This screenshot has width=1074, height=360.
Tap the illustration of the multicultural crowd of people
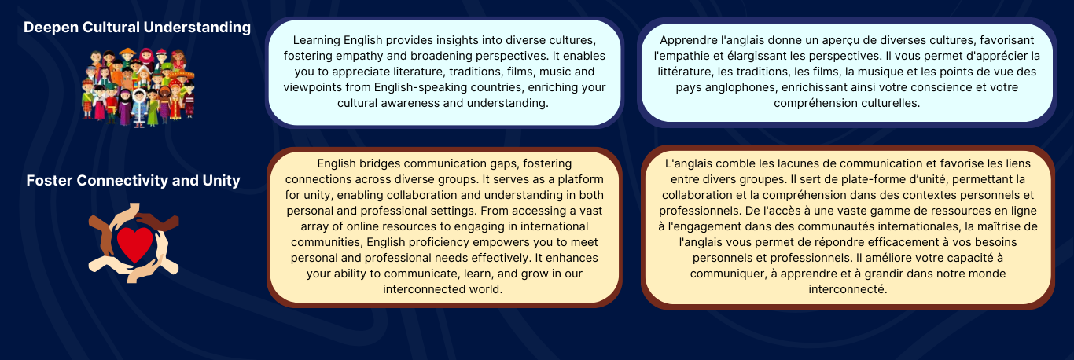coord(138,87)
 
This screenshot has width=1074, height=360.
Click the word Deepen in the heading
coord(51,28)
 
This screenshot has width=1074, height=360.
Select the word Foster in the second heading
coord(50,180)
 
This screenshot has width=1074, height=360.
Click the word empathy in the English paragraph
coord(359,56)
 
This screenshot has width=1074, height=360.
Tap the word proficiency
coord(432,242)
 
